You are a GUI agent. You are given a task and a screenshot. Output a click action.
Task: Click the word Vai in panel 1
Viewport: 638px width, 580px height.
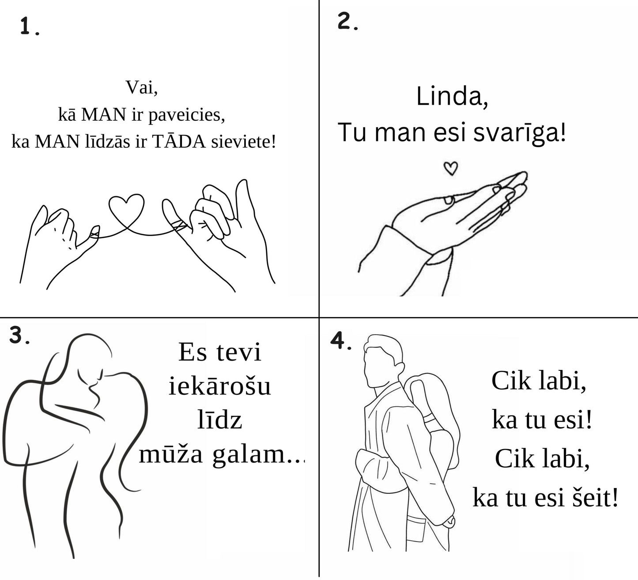pyautogui.click(x=142, y=87)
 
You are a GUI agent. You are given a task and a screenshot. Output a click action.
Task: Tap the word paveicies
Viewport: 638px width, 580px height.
pyautogui.click(x=187, y=115)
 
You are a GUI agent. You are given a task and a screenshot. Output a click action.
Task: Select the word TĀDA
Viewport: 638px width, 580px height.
pyautogui.click(x=179, y=141)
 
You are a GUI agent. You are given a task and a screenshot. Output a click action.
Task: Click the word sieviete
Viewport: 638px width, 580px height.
pyautogui.click(x=243, y=142)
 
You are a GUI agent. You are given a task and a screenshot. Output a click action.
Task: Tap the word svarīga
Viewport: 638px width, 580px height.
pyautogui.click(x=520, y=132)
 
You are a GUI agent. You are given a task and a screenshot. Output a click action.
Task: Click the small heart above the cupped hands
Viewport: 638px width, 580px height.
pyautogui.click(x=451, y=168)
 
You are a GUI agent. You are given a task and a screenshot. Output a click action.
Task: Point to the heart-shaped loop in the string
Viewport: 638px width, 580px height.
pyautogui.click(x=127, y=209)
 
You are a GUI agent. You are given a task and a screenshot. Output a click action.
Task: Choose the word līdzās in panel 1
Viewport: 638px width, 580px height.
pyautogui.click(x=107, y=141)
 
